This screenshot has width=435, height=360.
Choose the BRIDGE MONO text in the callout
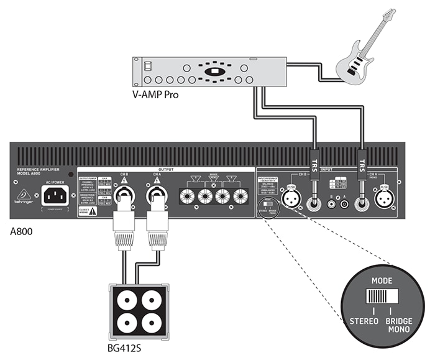[x=396, y=325]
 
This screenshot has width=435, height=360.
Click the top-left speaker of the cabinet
[x=126, y=298]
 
